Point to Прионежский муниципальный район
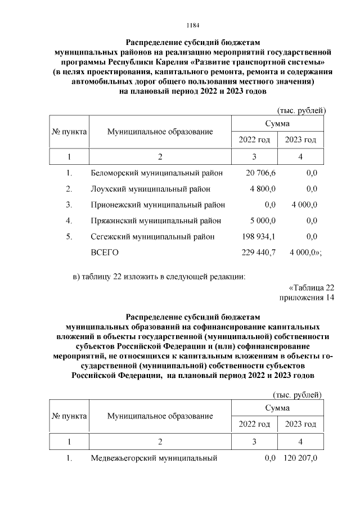(158, 205)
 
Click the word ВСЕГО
(105, 253)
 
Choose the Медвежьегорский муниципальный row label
(154, 458)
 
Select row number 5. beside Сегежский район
(69, 237)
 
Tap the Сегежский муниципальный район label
(152, 237)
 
